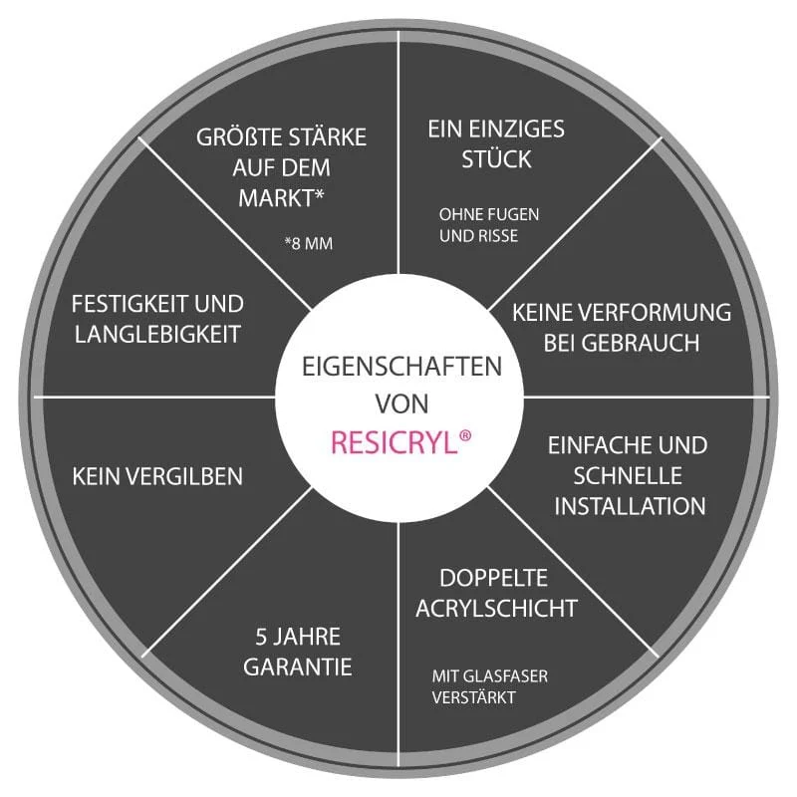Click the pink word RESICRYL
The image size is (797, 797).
[394, 442]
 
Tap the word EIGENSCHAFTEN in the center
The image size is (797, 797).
[401, 367]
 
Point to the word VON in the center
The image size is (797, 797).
[401, 404]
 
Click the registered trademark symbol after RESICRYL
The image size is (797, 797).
[465, 436]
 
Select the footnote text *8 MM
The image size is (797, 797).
[309, 243]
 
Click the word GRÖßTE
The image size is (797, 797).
[239, 137]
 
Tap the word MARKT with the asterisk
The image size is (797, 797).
[281, 197]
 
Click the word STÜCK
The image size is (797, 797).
[496, 158]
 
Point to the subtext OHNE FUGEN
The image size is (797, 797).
[489, 214]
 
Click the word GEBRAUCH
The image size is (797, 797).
[640, 343]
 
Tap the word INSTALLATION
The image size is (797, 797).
[630, 506]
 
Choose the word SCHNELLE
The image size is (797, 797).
[628, 476]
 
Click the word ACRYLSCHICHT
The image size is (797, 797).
[496, 608]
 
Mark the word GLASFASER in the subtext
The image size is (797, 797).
[505, 676]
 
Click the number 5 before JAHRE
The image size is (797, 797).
[261, 637]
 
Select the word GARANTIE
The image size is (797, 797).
[297, 666]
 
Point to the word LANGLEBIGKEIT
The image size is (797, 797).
[157, 335]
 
